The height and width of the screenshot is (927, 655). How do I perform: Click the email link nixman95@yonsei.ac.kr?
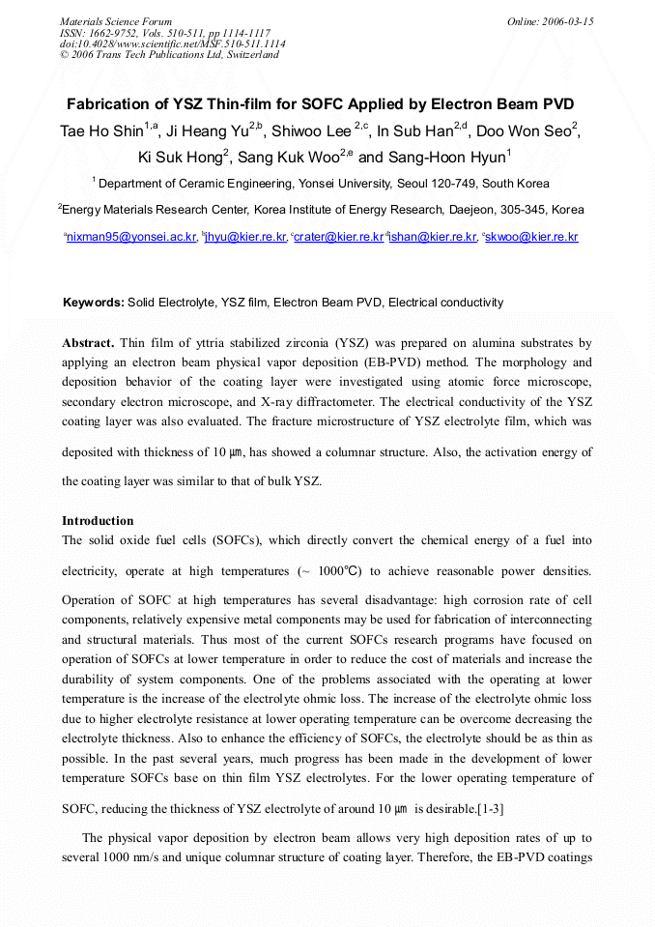131,237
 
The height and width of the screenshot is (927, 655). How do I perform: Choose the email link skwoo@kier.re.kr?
532,237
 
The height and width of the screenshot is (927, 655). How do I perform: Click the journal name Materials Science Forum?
116,21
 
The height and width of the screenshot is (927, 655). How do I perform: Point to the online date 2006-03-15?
569,21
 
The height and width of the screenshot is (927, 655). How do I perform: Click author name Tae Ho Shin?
101,130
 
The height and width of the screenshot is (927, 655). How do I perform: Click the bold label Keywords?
93,303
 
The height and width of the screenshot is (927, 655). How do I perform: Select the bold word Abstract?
88,343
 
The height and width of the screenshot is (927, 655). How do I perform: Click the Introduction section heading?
98,521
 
